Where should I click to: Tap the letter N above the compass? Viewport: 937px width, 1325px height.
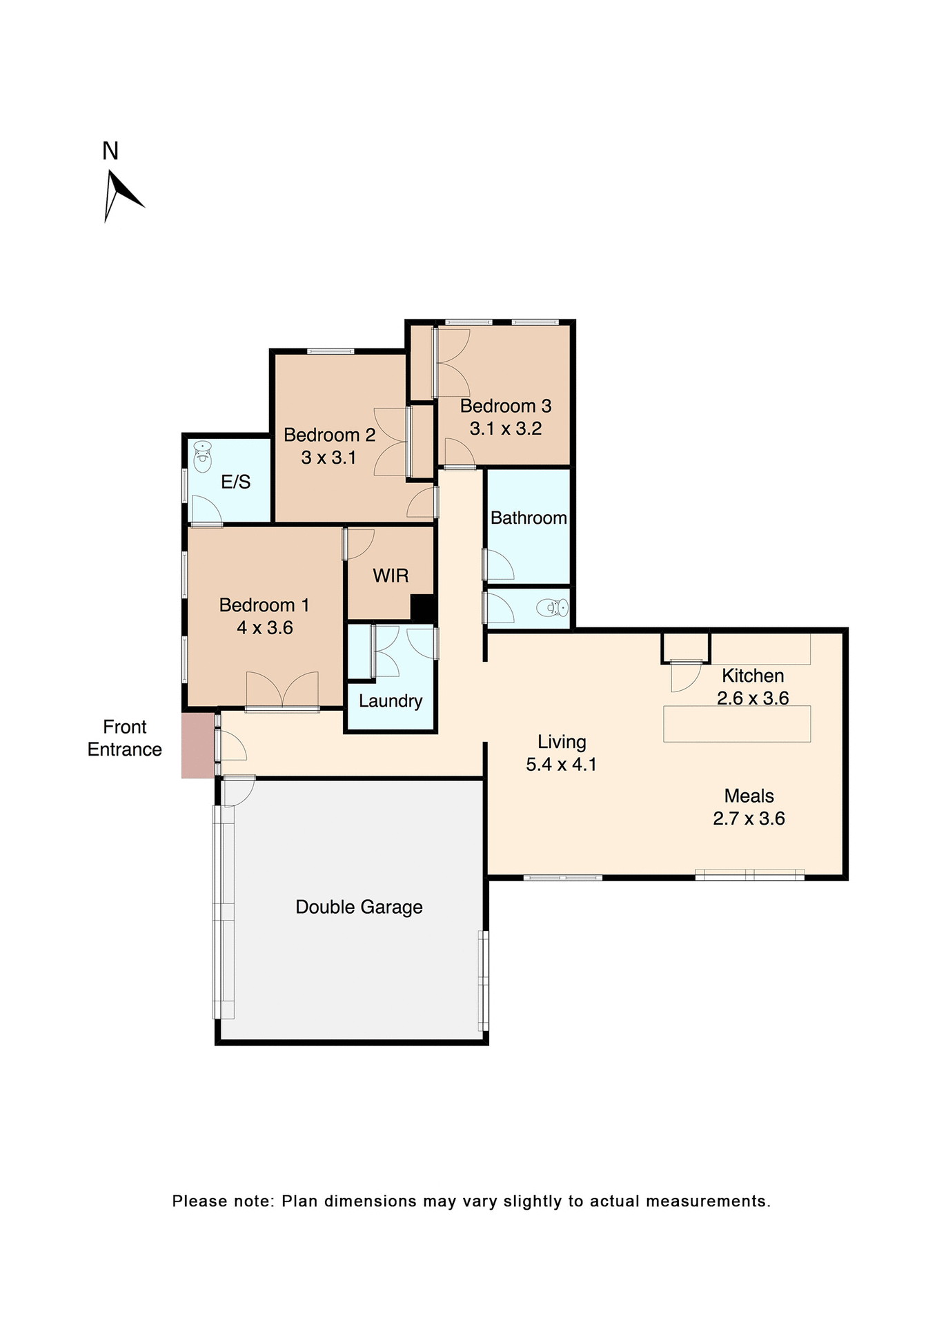(x=110, y=151)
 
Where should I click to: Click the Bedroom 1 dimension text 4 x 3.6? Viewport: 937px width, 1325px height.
(x=265, y=628)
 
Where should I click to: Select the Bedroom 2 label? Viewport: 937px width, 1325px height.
(x=329, y=435)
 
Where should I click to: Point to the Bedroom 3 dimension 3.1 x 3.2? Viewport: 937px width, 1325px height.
(x=506, y=429)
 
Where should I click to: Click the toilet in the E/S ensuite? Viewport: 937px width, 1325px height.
(x=202, y=457)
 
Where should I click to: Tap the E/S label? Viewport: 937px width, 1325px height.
(x=235, y=482)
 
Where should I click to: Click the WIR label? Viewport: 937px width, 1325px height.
(x=391, y=576)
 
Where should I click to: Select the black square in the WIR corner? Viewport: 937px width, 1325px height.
(x=422, y=607)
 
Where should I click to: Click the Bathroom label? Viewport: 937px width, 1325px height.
(x=529, y=518)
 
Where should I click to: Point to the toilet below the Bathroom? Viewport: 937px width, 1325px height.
(x=553, y=608)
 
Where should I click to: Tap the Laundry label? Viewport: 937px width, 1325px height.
(x=391, y=701)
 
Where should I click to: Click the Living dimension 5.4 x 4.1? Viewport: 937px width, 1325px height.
(x=561, y=765)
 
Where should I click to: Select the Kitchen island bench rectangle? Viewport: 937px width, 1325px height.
(x=737, y=724)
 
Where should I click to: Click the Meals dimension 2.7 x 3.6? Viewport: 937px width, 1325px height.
(x=749, y=818)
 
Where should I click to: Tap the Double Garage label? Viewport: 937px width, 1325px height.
(x=359, y=907)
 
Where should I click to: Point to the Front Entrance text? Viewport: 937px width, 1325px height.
(x=125, y=738)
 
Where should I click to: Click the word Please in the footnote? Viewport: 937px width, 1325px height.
(x=199, y=1201)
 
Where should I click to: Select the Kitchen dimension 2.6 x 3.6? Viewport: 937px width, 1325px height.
(x=753, y=698)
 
